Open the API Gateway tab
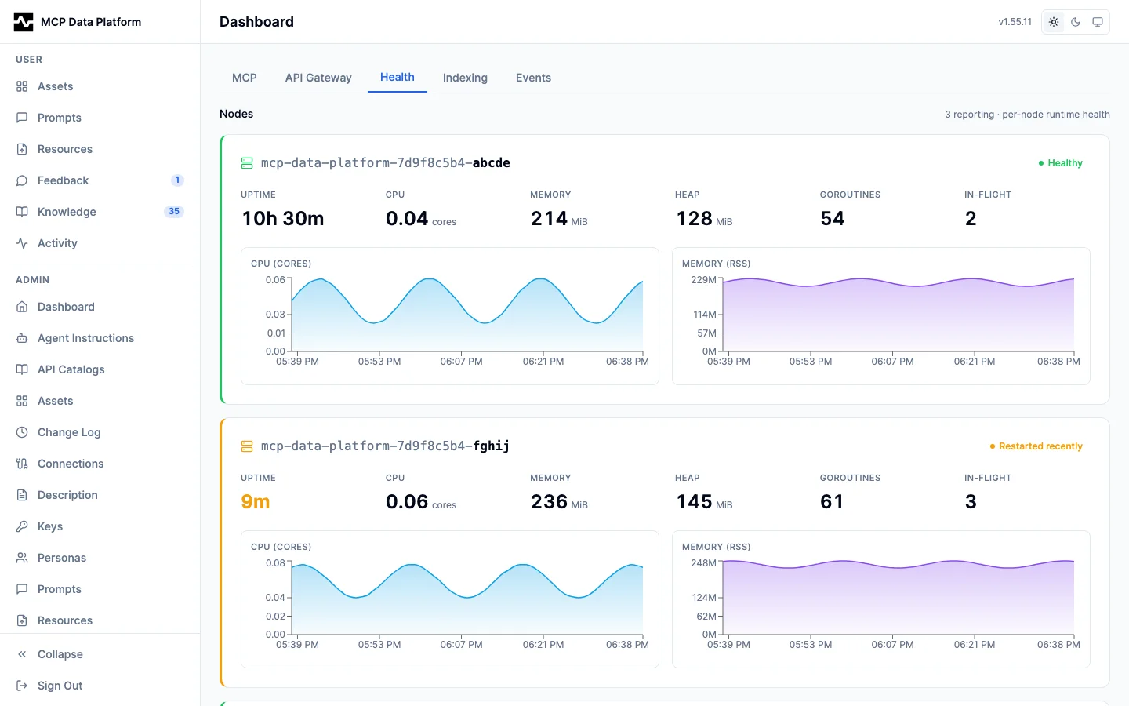tap(318, 78)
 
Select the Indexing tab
tap(465, 78)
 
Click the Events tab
tap(533, 78)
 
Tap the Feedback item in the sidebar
tap(63, 180)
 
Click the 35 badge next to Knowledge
tap(174, 211)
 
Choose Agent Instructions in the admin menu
tap(85, 338)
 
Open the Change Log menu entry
tap(69, 432)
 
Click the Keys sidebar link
tap(50, 526)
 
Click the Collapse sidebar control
tap(60, 654)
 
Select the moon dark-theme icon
tap(1076, 22)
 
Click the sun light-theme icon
tap(1054, 22)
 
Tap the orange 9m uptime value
tap(255, 501)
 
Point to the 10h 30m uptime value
tap(283, 218)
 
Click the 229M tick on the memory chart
tap(703, 280)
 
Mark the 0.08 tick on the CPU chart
tap(275, 562)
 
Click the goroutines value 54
tap(832, 218)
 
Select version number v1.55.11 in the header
tap(1015, 22)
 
